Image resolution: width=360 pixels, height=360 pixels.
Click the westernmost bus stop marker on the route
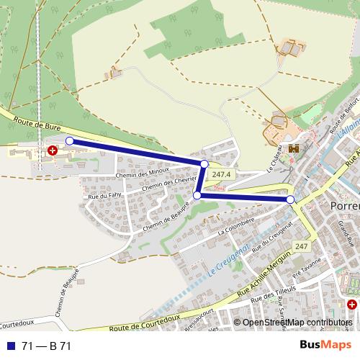(x=69, y=141)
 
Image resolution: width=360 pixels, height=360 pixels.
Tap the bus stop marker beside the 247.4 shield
(x=204, y=164)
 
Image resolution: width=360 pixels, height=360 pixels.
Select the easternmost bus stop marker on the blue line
(x=290, y=199)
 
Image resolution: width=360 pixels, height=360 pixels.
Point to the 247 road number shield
(x=301, y=247)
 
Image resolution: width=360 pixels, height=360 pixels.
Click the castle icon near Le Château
(x=293, y=148)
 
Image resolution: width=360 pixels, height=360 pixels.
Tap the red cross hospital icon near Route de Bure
(x=52, y=150)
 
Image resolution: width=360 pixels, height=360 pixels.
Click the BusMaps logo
(x=326, y=345)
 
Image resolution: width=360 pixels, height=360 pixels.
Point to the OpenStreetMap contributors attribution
(x=297, y=323)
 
